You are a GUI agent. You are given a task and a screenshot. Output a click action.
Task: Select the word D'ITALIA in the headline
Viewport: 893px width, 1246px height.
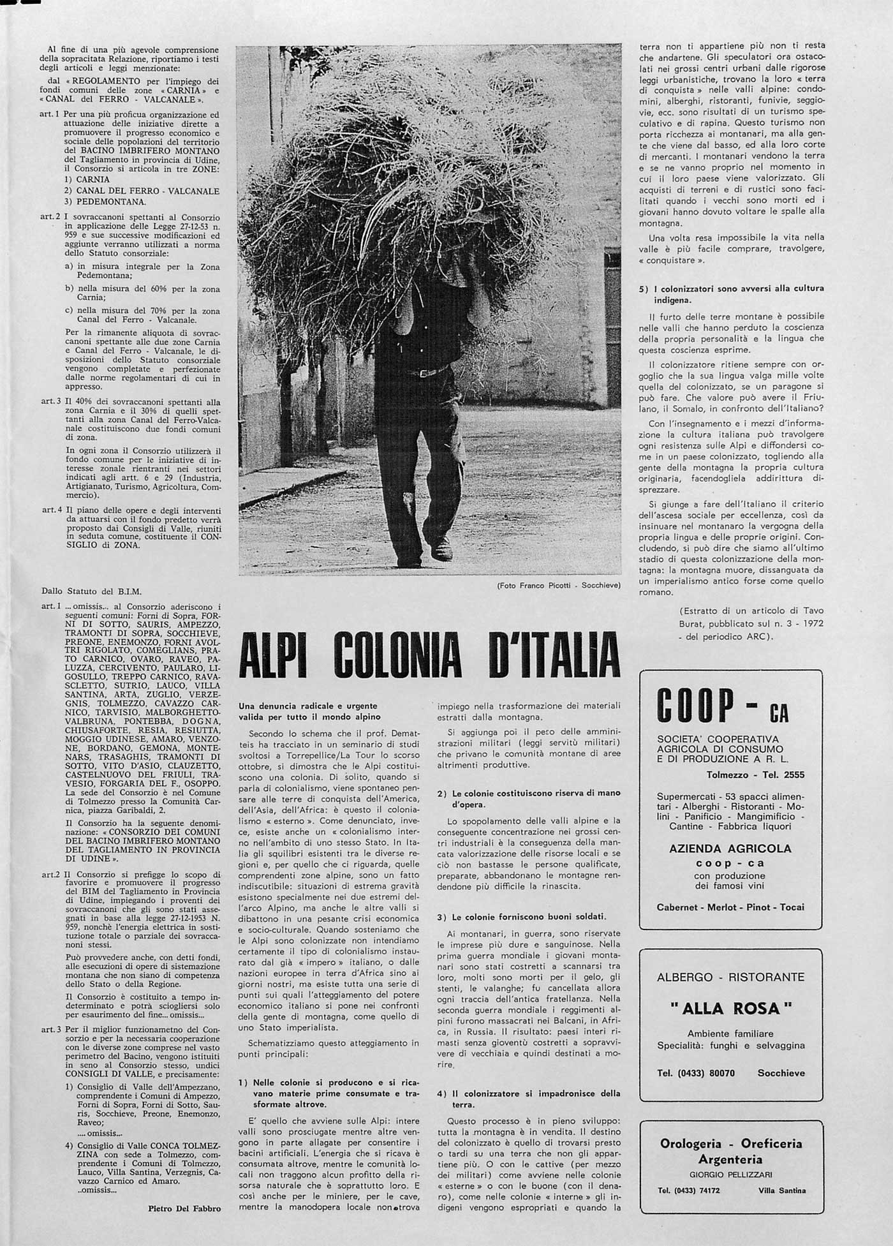pyautogui.click(x=554, y=655)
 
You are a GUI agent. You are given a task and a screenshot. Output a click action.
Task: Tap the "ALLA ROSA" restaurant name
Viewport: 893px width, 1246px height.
pyautogui.click(x=731, y=1009)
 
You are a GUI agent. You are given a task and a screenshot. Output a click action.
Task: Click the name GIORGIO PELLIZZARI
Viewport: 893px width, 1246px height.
pyautogui.click(x=731, y=1175)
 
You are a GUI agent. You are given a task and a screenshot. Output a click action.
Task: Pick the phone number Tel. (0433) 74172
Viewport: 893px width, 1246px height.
pyautogui.click(x=689, y=1190)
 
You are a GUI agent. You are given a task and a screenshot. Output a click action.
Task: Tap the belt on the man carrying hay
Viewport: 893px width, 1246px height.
pyautogui.click(x=425, y=371)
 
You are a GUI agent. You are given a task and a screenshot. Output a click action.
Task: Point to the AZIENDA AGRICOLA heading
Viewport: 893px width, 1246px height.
pyautogui.click(x=730, y=849)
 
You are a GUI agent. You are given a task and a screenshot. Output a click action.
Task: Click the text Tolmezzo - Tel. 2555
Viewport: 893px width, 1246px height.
pyautogui.click(x=755, y=775)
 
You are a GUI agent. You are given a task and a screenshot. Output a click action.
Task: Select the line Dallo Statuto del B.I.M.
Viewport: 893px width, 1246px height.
pyautogui.click(x=91, y=591)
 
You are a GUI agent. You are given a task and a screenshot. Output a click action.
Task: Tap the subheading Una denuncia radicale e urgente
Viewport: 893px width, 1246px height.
pyautogui.click(x=308, y=706)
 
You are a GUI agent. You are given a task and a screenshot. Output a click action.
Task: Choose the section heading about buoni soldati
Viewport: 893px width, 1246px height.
pyautogui.click(x=521, y=917)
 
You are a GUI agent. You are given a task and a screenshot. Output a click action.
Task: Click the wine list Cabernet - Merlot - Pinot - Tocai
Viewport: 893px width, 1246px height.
pyautogui.click(x=730, y=907)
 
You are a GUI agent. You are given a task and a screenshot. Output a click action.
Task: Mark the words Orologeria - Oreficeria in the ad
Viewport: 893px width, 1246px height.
pyautogui.click(x=731, y=1144)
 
